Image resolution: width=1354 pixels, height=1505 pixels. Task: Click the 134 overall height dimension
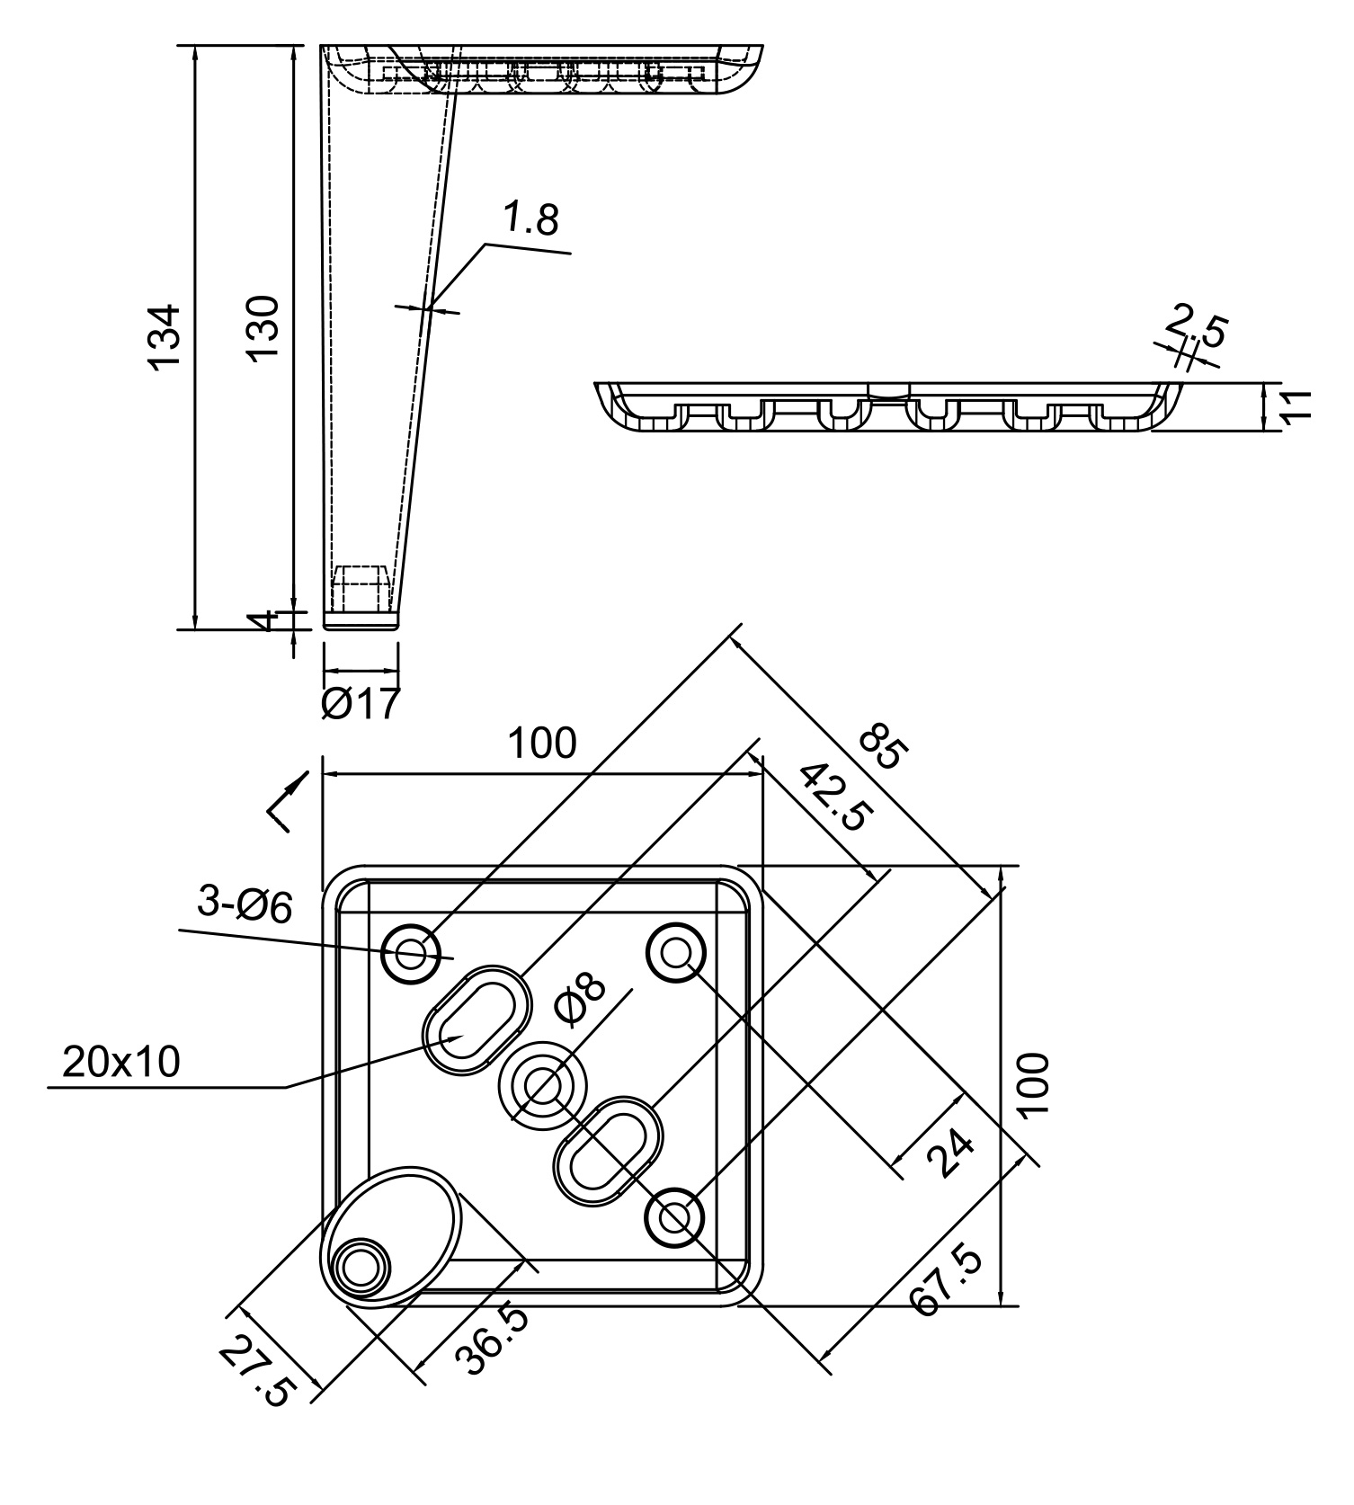pos(165,337)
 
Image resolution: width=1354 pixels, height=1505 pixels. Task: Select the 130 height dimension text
pos(265,327)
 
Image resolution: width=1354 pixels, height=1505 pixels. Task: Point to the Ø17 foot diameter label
pos(360,704)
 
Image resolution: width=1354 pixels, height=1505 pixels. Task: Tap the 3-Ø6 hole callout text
pos(245,905)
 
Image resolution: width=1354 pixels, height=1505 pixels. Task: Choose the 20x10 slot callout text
pos(121,1063)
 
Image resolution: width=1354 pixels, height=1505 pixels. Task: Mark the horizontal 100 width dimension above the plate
pos(541,744)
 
